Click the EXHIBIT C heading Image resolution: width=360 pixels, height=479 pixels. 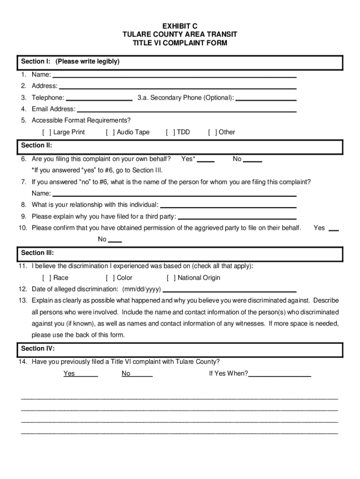click(180, 26)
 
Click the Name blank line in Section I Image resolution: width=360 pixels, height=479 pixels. click(174, 74)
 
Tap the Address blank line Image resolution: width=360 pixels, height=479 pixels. click(178, 86)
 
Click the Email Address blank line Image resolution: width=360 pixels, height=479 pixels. click(187, 109)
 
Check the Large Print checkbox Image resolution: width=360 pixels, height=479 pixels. click(47, 132)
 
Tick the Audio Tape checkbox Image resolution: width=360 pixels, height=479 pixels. click(110, 132)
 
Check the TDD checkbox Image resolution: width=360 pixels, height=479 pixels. click(170, 132)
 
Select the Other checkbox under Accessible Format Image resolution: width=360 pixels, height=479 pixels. click(212, 132)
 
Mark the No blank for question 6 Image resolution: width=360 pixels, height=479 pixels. click(252, 160)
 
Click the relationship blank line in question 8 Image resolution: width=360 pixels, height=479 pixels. click(228, 205)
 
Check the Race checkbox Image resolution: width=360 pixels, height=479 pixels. click(47, 278)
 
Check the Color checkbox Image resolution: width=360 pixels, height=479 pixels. click(110, 278)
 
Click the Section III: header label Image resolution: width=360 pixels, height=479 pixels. click(37, 253)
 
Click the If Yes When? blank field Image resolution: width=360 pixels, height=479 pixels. click(280, 374)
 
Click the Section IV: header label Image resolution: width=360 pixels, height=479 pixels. click(38, 349)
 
